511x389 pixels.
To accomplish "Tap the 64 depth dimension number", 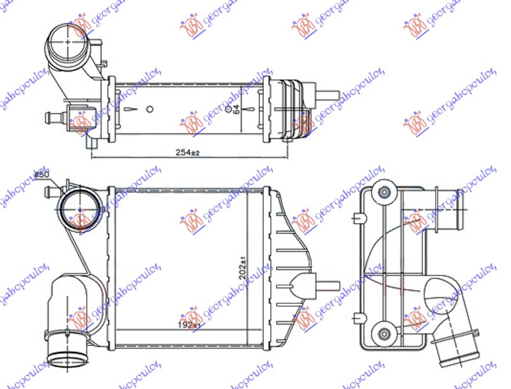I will click(236, 109).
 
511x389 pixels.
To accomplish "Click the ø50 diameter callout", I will click(42, 174).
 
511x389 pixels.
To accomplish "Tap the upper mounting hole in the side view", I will click(384, 192).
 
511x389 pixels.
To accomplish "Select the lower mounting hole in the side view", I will click(384, 333).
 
